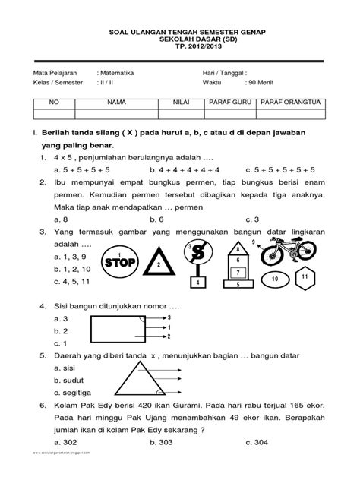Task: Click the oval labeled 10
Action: pos(275,280)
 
